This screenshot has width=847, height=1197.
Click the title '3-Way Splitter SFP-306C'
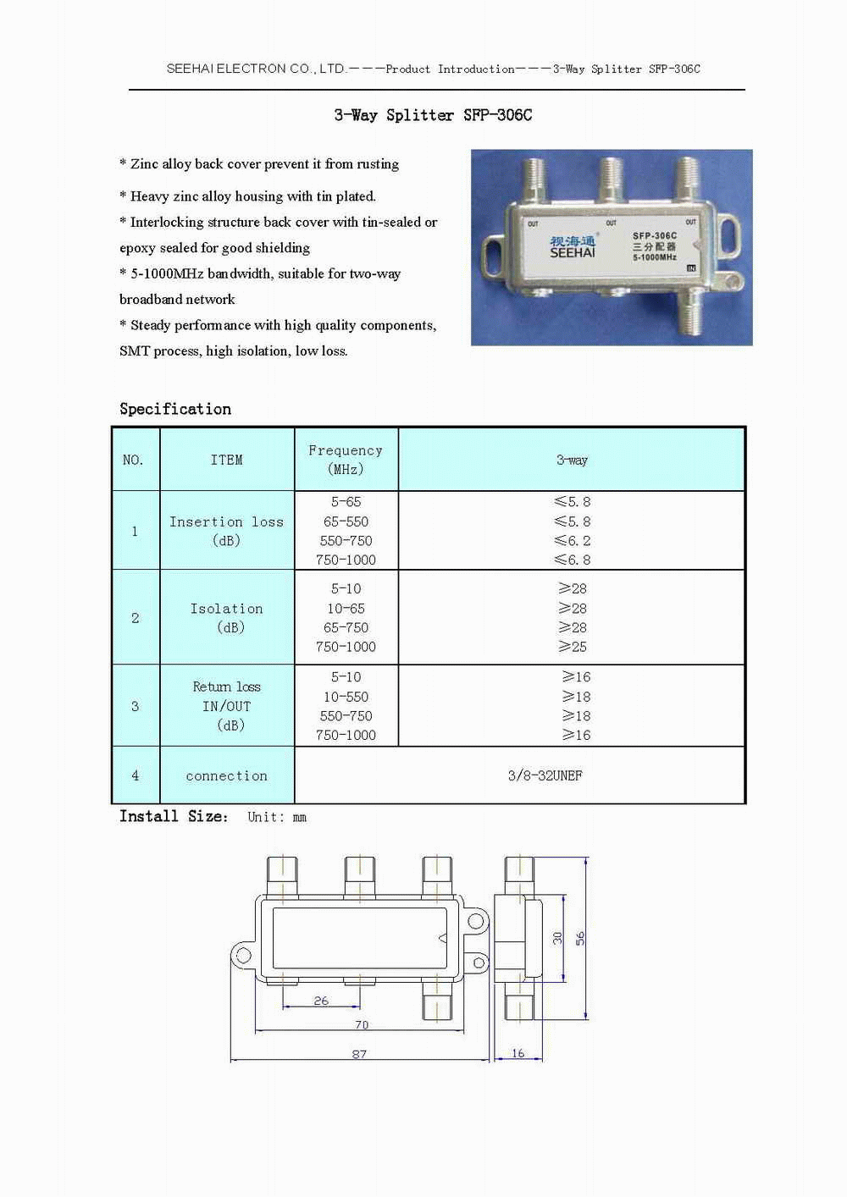[x=433, y=115]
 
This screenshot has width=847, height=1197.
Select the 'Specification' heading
[x=175, y=409]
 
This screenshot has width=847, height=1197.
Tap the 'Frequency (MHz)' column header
[x=346, y=460]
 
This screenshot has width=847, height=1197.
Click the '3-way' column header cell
[x=572, y=460]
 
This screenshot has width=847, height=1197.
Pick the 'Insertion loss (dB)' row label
[x=226, y=531]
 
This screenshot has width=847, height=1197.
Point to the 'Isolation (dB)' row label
[x=226, y=618]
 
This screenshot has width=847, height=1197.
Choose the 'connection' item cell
[x=226, y=775]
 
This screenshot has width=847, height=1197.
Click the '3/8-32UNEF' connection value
[x=545, y=775]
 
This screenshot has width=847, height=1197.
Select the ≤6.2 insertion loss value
[x=573, y=541]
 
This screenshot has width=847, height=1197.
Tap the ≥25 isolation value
[x=573, y=647]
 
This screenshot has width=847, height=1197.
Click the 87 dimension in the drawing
[x=359, y=1054]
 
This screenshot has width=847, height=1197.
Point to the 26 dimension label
[x=321, y=1001]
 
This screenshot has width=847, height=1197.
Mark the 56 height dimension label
[x=580, y=938]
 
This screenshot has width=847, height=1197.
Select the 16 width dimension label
[x=518, y=1054]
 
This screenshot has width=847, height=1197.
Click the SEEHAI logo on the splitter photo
[x=573, y=247]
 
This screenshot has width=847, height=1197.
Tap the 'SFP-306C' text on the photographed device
[x=655, y=236]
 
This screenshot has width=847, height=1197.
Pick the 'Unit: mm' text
[x=277, y=817]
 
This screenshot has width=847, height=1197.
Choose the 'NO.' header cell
[x=133, y=460]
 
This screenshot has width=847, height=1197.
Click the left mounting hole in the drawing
[x=243, y=956]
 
